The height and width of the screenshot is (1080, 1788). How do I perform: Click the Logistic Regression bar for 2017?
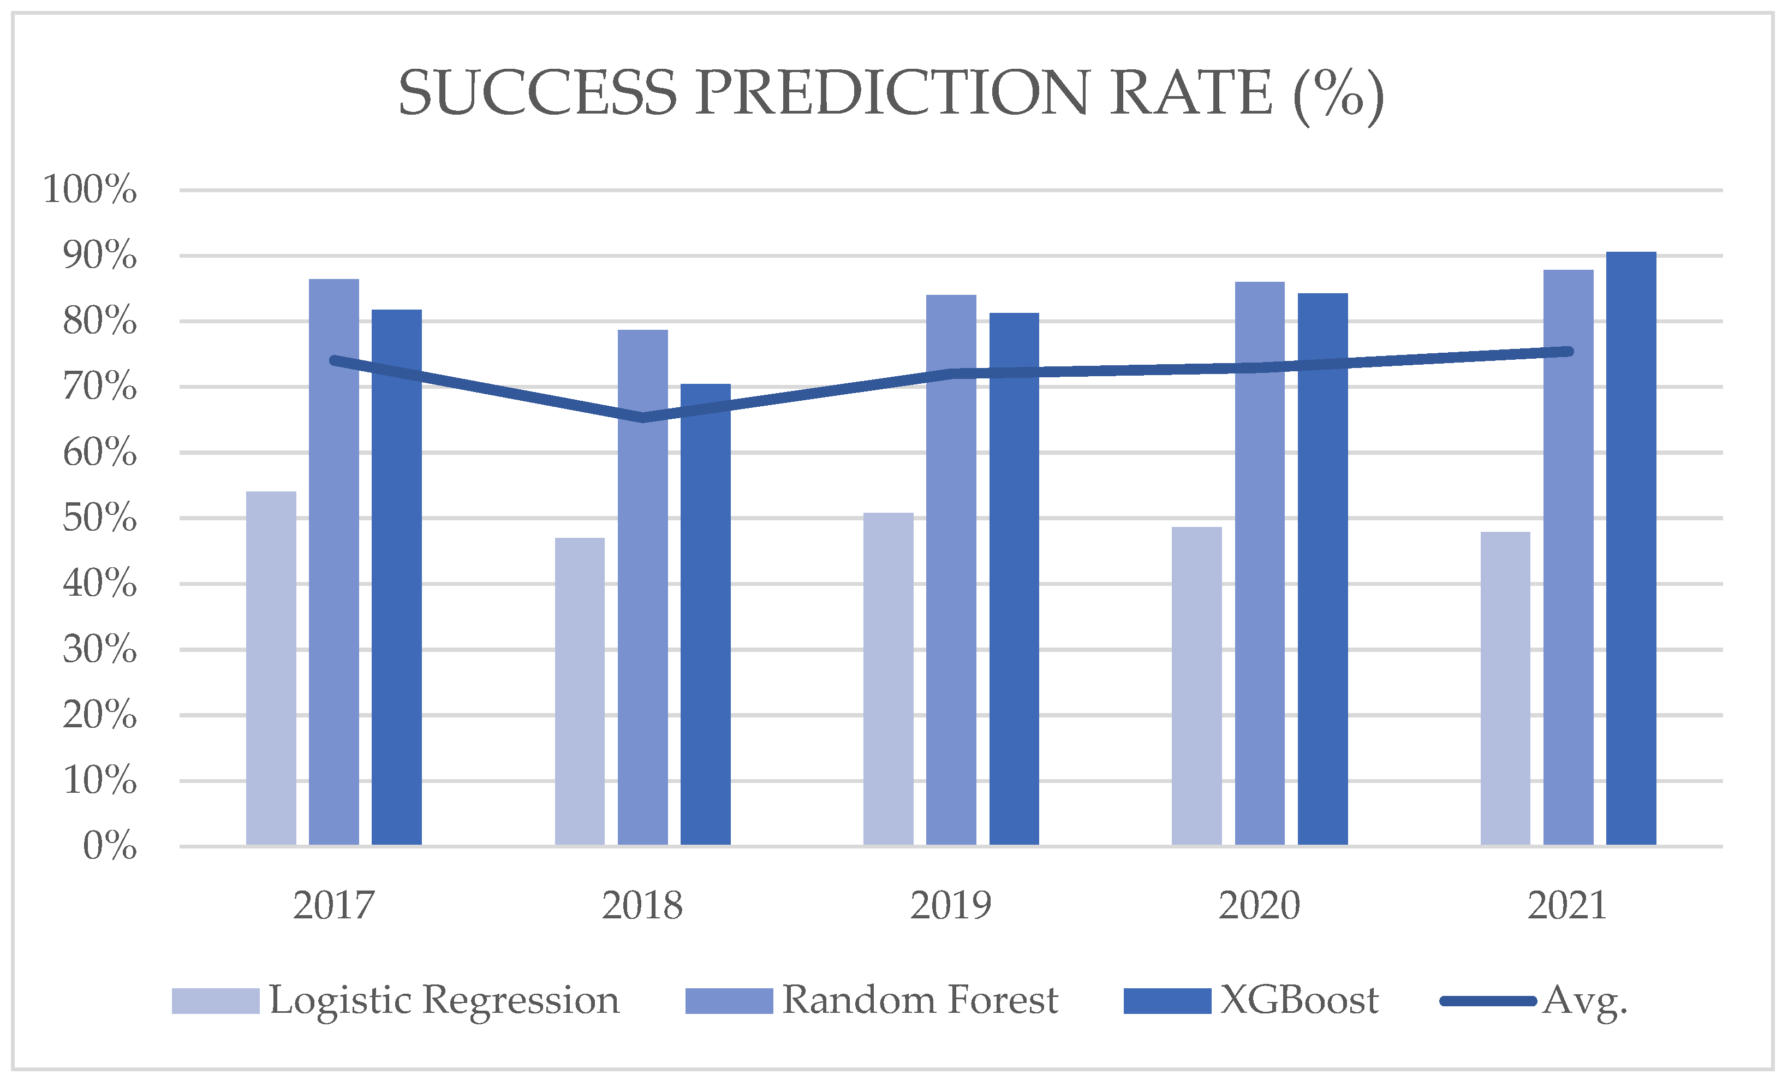(x=271, y=668)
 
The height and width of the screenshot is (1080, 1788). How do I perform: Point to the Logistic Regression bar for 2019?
(x=887, y=679)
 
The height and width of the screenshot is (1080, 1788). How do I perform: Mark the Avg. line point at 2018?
(x=642, y=417)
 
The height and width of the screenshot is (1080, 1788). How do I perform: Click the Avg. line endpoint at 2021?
(x=1568, y=351)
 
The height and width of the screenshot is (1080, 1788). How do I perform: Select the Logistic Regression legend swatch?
(x=216, y=1001)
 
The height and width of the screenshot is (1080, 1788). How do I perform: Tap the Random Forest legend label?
(x=920, y=1001)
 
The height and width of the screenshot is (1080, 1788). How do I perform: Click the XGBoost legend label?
(x=1299, y=1001)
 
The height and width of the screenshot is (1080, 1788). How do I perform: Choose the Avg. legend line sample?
(x=1488, y=1001)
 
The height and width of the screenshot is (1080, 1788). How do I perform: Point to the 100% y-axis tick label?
(x=90, y=189)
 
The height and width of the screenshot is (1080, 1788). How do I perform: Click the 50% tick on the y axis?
(x=99, y=518)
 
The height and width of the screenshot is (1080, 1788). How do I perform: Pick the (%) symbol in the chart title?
(x=1339, y=94)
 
